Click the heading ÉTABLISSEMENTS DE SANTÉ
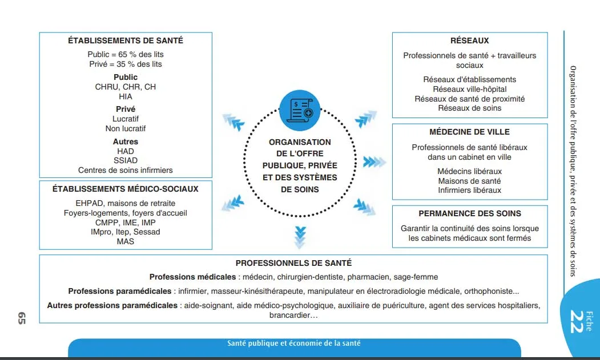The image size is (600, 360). point(126,41)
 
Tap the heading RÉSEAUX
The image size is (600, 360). point(469,41)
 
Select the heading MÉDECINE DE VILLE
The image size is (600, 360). point(469,132)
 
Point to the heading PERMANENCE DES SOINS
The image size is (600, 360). point(469,213)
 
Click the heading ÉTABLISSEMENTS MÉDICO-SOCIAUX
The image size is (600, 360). point(126,188)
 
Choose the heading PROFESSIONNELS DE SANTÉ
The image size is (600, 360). point(293,263)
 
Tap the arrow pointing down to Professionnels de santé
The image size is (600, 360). point(300,236)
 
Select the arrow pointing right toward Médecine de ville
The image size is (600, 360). point(375,162)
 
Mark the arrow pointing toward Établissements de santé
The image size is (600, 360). point(233,122)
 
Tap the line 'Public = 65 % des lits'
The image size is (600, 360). point(126,54)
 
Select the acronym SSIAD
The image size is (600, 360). point(126,160)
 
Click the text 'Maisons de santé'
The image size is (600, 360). point(469,181)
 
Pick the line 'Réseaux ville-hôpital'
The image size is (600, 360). point(469,89)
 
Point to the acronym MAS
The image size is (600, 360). point(126,241)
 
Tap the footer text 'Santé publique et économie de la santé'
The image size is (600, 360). point(293,343)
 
